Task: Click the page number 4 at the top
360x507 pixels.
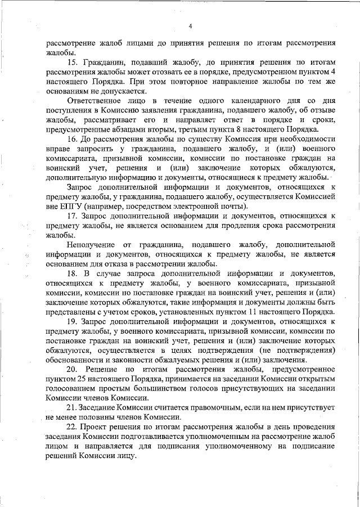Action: (191, 26)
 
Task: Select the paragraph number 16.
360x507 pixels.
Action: (71, 138)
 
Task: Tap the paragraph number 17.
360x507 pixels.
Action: (71, 216)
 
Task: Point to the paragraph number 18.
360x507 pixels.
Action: (71, 273)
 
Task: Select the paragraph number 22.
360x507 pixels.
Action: (71, 428)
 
